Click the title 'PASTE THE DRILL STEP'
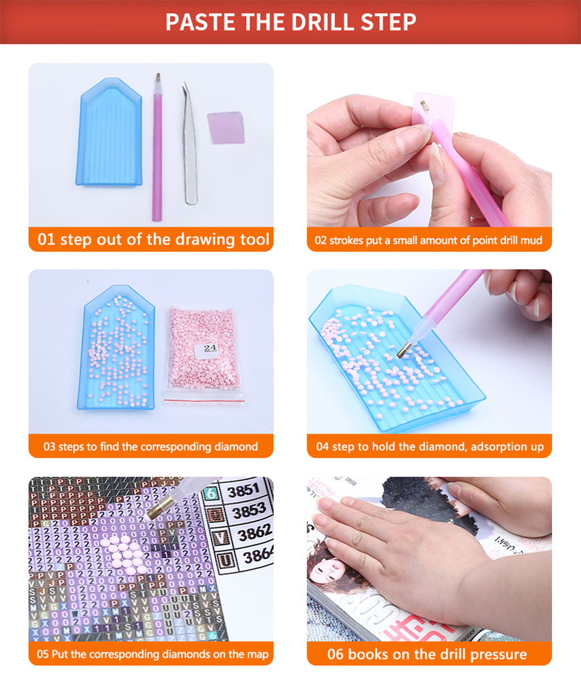pyautogui.click(x=290, y=22)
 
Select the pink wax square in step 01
pyautogui.click(x=225, y=127)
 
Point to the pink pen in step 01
pyautogui.click(x=157, y=145)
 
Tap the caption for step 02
pyautogui.click(x=428, y=240)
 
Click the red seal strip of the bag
pyautogui.click(x=203, y=399)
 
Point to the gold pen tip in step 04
pyautogui.click(x=401, y=351)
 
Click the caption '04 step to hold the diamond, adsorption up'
pyautogui.click(x=428, y=447)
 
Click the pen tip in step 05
pyautogui.click(x=154, y=513)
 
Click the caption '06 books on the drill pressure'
pyautogui.click(x=428, y=653)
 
